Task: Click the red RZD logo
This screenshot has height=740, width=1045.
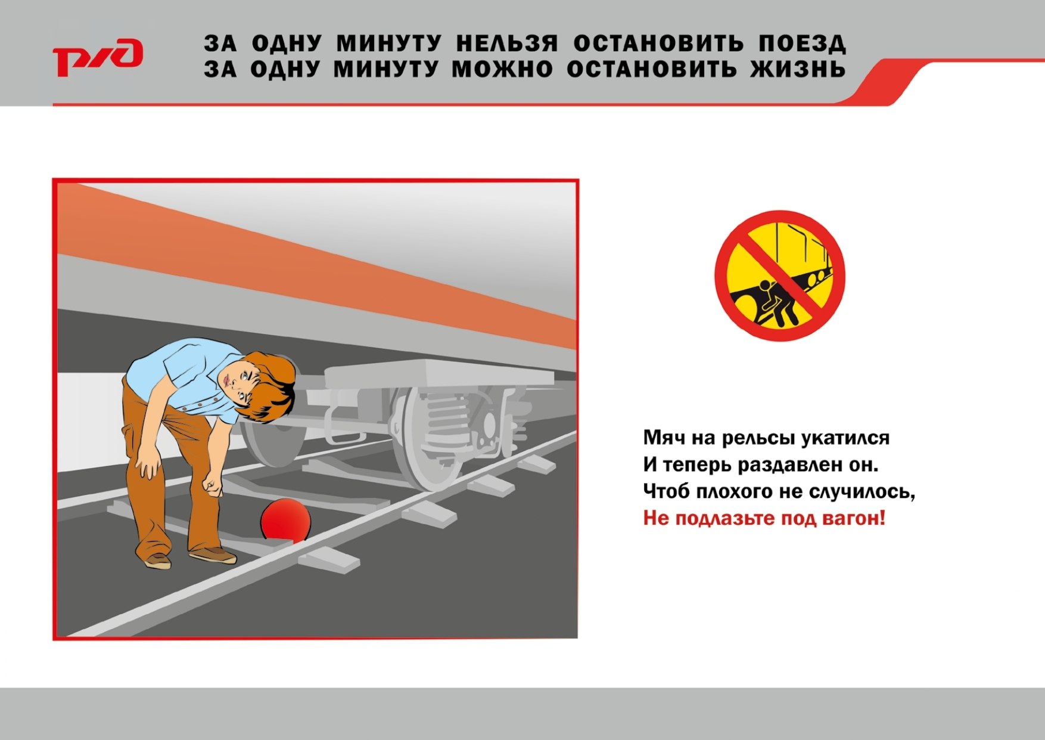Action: coord(98,57)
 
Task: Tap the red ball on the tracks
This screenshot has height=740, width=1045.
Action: coord(286,521)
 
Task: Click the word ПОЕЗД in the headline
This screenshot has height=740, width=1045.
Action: coord(802,44)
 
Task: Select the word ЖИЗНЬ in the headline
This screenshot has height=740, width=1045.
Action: coord(798,69)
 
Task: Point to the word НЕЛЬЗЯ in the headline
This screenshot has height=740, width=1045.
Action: coord(507,44)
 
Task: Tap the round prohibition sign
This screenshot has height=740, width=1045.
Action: coord(780,275)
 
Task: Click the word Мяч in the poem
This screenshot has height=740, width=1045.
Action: coord(663,438)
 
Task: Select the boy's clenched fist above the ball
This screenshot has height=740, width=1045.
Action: coord(212,484)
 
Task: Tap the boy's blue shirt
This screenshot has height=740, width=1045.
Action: coord(185,376)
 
